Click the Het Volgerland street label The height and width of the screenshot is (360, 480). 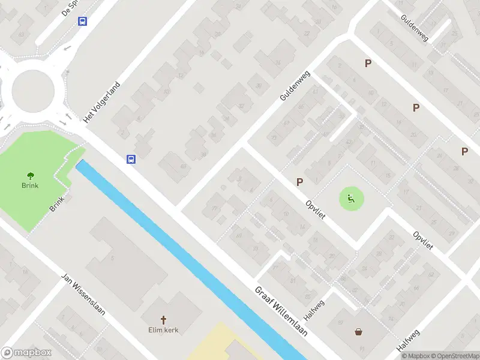[x=103, y=102]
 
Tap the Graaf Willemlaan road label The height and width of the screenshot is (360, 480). [x=281, y=310]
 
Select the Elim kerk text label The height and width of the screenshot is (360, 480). [x=164, y=329]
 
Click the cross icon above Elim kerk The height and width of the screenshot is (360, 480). [x=163, y=319]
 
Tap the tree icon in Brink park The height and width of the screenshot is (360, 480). [x=30, y=175]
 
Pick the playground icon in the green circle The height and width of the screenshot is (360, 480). [x=352, y=198]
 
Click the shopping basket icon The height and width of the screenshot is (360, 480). [x=359, y=331]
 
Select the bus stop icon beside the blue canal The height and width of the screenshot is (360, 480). [x=131, y=159]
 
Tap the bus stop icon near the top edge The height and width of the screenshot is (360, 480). [x=82, y=21]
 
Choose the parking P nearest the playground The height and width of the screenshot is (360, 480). [x=299, y=182]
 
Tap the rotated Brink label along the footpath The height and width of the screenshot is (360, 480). [x=57, y=205]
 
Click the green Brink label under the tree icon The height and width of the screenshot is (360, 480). [x=30, y=185]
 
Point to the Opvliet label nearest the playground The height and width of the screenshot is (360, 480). [x=315, y=210]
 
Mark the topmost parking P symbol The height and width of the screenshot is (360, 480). [x=368, y=63]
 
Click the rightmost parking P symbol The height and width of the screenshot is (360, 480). [x=464, y=151]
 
